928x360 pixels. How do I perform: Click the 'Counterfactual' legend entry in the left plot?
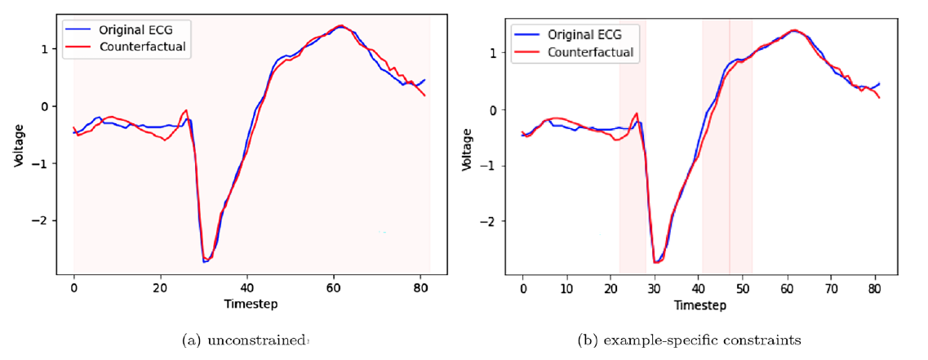coord(143,46)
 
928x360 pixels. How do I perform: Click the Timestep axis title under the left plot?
coord(251,304)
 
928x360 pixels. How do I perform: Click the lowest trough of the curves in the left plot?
coord(205,261)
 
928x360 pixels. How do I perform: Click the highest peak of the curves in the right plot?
coord(793,30)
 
